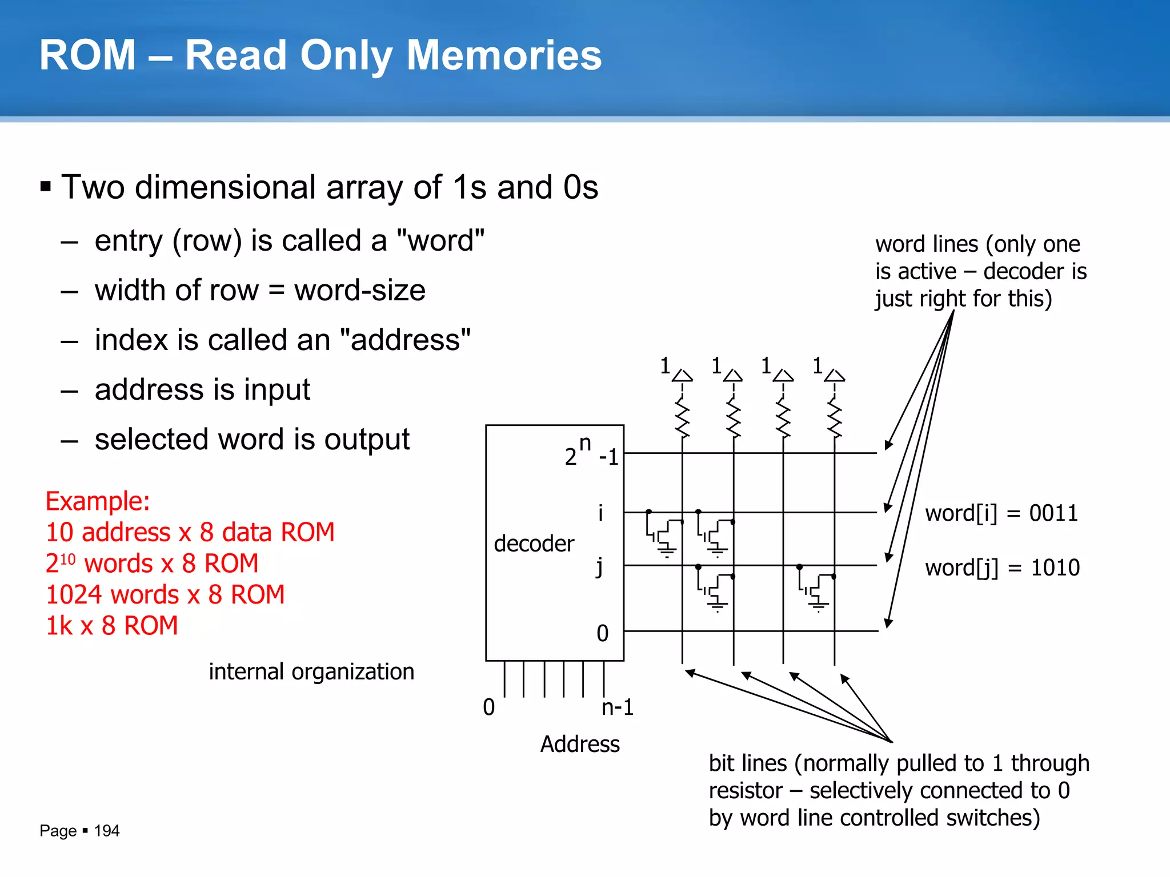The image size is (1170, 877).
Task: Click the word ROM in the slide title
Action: tap(87, 55)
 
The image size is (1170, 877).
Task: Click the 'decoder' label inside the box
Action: tap(534, 544)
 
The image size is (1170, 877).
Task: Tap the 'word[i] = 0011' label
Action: tap(1001, 513)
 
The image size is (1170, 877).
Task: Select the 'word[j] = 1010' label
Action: tap(1002, 568)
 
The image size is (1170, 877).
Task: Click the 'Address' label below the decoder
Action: tap(580, 744)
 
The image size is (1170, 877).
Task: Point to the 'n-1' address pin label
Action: tap(617, 707)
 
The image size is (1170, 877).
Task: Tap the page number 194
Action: tap(106, 831)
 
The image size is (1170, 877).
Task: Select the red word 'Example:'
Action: tap(98, 501)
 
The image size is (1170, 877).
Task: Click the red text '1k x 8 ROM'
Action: tap(112, 626)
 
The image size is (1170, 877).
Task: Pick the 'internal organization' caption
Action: tap(311, 671)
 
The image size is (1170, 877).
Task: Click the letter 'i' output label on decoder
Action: tap(600, 513)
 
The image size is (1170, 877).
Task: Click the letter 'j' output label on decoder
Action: tap(599, 567)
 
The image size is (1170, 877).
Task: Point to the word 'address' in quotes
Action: tap(405, 340)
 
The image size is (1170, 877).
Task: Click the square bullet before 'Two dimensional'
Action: tap(46, 187)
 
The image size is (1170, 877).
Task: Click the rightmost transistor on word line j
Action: tap(817, 588)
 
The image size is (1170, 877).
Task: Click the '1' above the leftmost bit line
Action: tap(665, 365)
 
